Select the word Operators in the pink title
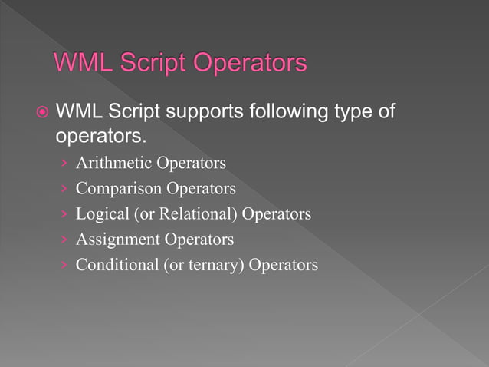point(254,63)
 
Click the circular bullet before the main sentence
point(43,113)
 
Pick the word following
point(289,113)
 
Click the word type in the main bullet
point(356,113)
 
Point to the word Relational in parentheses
point(197,213)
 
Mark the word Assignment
point(117,240)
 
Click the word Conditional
point(118,265)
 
